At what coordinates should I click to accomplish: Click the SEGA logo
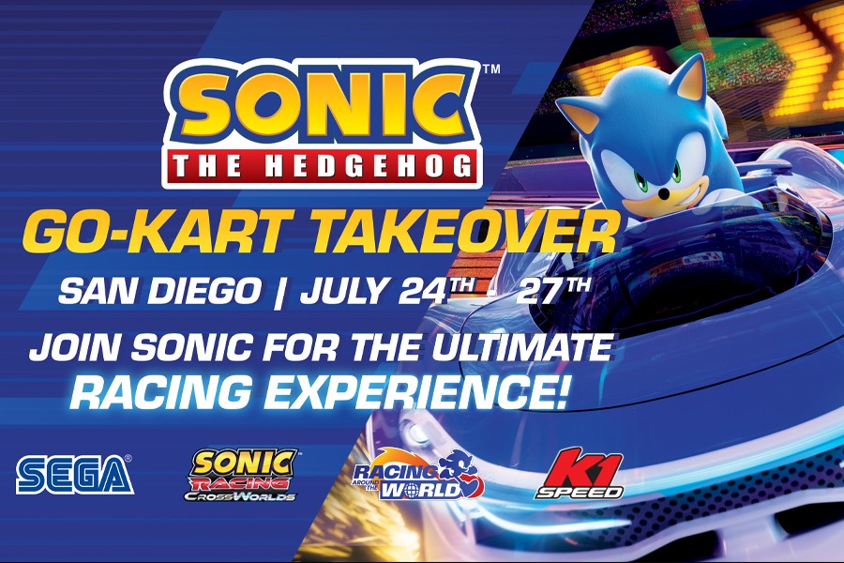pos(74,475)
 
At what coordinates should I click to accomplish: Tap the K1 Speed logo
pos(580,474)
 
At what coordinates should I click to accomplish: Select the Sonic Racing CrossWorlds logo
pos(242,475)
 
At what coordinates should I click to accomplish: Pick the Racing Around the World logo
pos(418,475)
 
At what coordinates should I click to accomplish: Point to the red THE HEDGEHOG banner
pos(322,166)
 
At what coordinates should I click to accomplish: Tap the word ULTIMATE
pos(522,347)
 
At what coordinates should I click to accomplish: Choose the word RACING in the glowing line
pos(159,391)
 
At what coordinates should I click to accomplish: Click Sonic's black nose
pos(665,192)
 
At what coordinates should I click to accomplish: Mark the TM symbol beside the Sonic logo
pos(492,68)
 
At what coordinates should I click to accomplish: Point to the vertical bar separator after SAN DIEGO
pos(279,293)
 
